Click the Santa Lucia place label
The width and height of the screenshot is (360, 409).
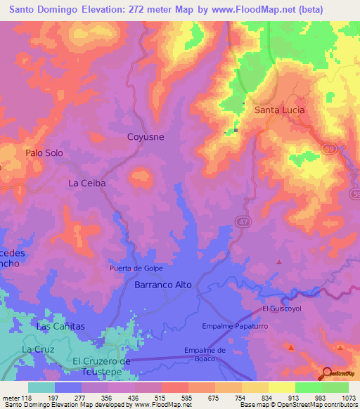pyautogui.click(x=281, y=110)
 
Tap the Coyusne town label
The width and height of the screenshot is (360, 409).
pyautogui.click(x=146, y=137)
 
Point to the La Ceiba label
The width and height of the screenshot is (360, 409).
pyautogui.click(x=86, y=183)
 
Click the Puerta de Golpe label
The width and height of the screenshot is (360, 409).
pyautogui.click(x=136, y=268)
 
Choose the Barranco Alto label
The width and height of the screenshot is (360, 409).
pyautogui.click(x=163, y=286)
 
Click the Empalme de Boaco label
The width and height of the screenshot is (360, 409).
pyautogui.click(x=205, y=354)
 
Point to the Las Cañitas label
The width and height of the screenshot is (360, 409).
pyautogui.click(x=60, y=327)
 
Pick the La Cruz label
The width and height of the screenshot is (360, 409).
pyautogui.click(x=37, y=349)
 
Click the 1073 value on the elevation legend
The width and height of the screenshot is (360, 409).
pyautogui.click(x=349, y=398)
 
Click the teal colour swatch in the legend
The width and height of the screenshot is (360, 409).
pyautogui.click(x=41, y=387)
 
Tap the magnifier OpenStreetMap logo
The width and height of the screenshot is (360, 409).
pyautogui.click(x=328, y=373)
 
